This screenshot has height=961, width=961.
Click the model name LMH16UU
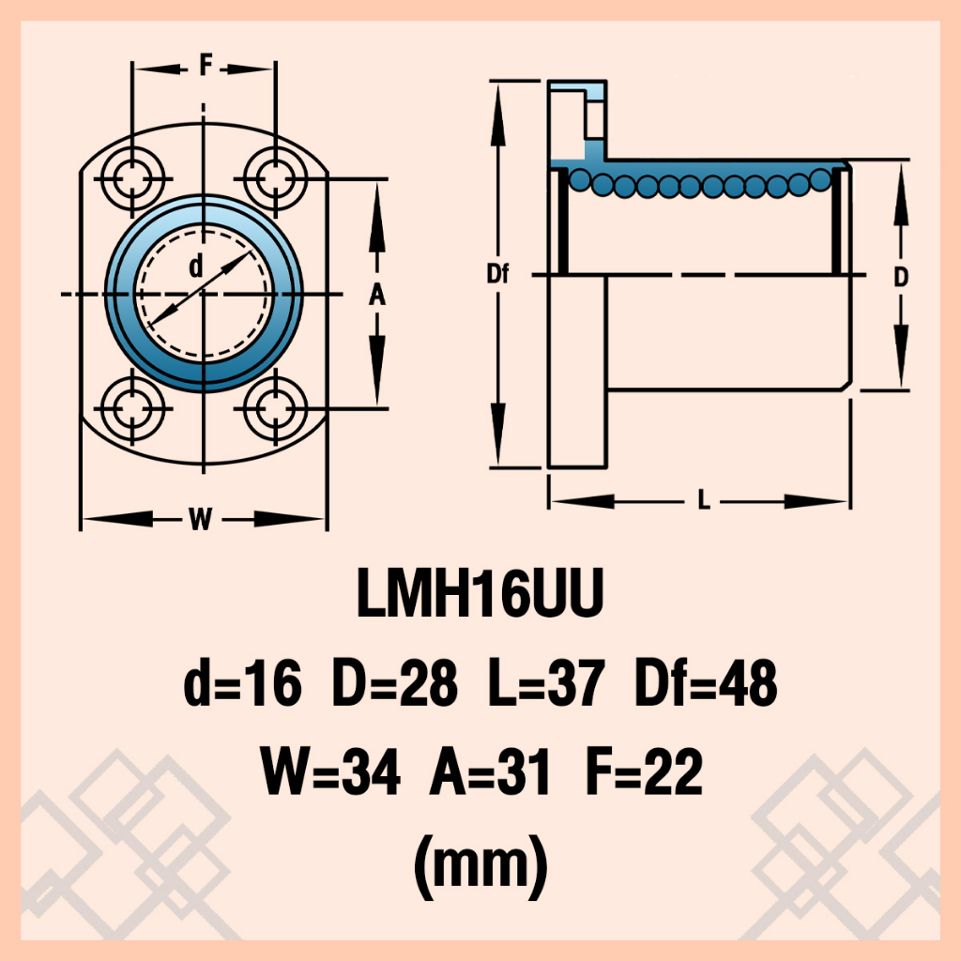coord(480,593)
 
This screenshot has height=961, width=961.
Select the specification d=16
coord(243,683)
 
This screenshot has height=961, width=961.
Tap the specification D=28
coord(395,683)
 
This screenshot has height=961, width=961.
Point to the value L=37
coord(547,683)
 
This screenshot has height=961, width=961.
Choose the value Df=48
coord(706,683)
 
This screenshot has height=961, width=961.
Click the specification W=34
coord(330,771)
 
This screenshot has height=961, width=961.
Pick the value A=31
coord(490,771)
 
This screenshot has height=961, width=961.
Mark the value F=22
coord(644,771)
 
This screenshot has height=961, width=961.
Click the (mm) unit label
coord(480,866)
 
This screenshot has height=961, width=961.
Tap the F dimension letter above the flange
coord(206,65)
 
